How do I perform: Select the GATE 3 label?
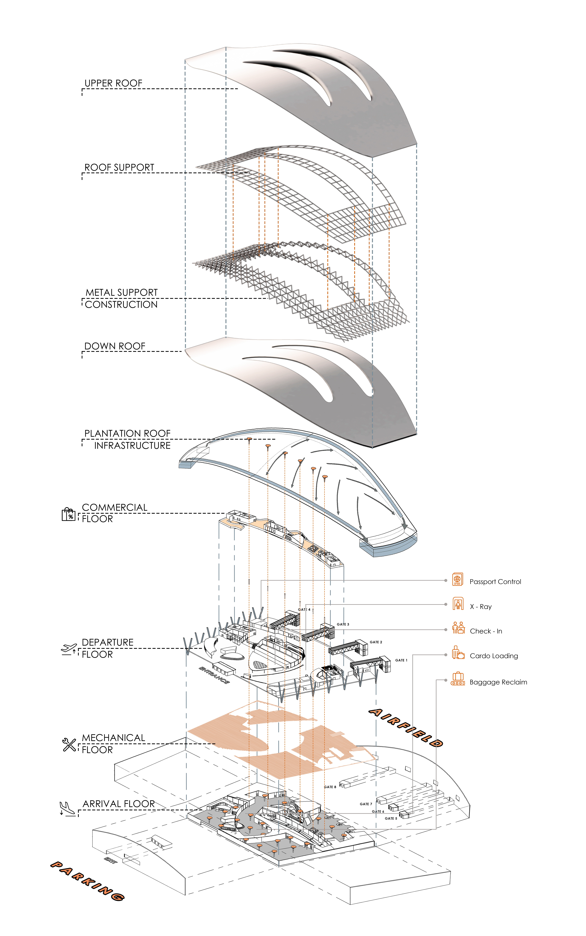[343, 624]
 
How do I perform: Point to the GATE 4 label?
[304, 610]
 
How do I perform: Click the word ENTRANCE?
[214, 675]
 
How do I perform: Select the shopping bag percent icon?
[69, 514]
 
